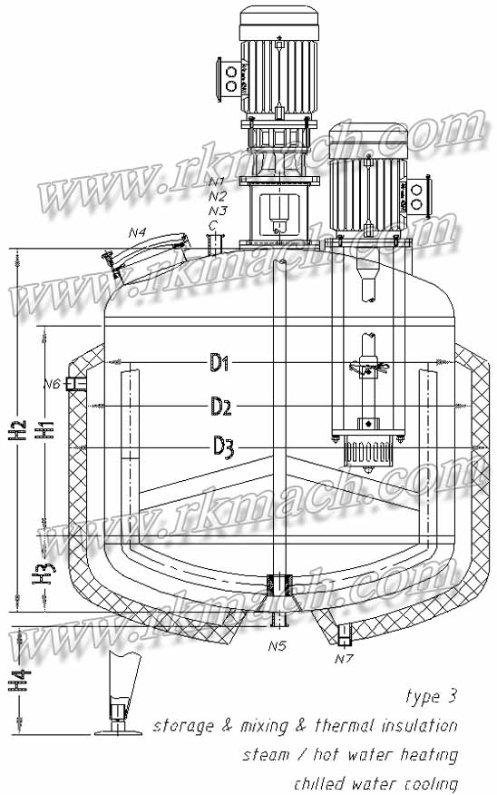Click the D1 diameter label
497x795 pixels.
[x=219, y=364]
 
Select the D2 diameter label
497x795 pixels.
[x=220, y=406]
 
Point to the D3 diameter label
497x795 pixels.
[x=224, y=446]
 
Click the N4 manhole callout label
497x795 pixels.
[x=137, y=233]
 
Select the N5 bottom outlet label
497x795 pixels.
[x=277, y=646]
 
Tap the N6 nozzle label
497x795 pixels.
[x=52, y=385]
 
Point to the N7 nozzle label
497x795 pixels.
[x=343, y=658]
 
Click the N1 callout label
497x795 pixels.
[x=217, y=182]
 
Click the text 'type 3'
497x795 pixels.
[x=431, y=698]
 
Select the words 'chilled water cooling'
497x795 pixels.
[x=375, y=782]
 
